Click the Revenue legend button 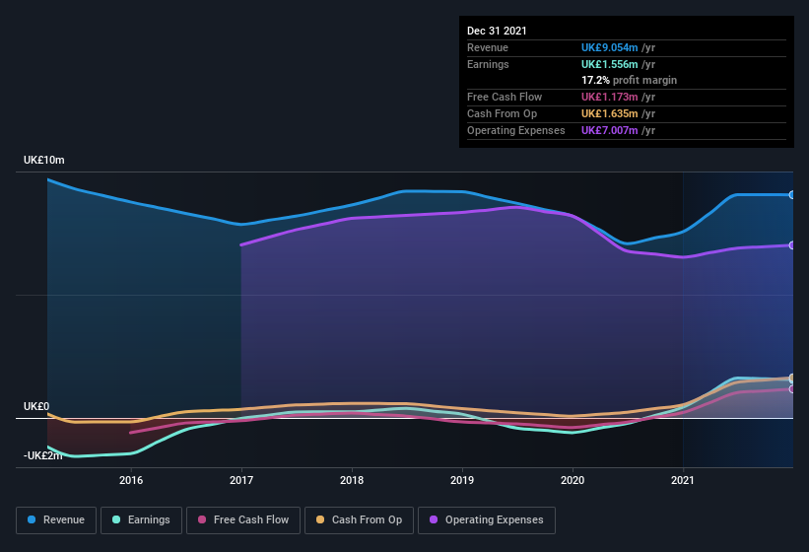pyautogui.click(x=56, y=519)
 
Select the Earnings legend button pyautogui.click(x=141, y=519)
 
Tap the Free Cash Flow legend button pyautogui.click(x=243, y=519)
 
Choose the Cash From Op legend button pyautogui.click(x=360, y=519)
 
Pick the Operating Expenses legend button pyautogui.click(x=486, y=519)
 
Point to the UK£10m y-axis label pyautogui.click(x=44, y=160)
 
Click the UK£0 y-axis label pyautogui.click(x=36, y=406)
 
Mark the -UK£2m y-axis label pyautogui.click(x=43, y=455)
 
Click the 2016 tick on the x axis pyautogui.click(x=131, y=480)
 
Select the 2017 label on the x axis pyautogui.click(x=241, y=480)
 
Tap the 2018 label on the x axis pyautogui.click(x=352, y=480)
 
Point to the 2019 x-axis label pyautogui.click(x=462, y=480)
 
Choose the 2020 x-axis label pyautogui.click(x=573, y=480)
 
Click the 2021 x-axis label pyautogui.click(x=683, y=480)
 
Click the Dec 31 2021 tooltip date pyautogui.click(x=497, y=31)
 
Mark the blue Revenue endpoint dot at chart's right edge pyautogui.click(x=791, y=195)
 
